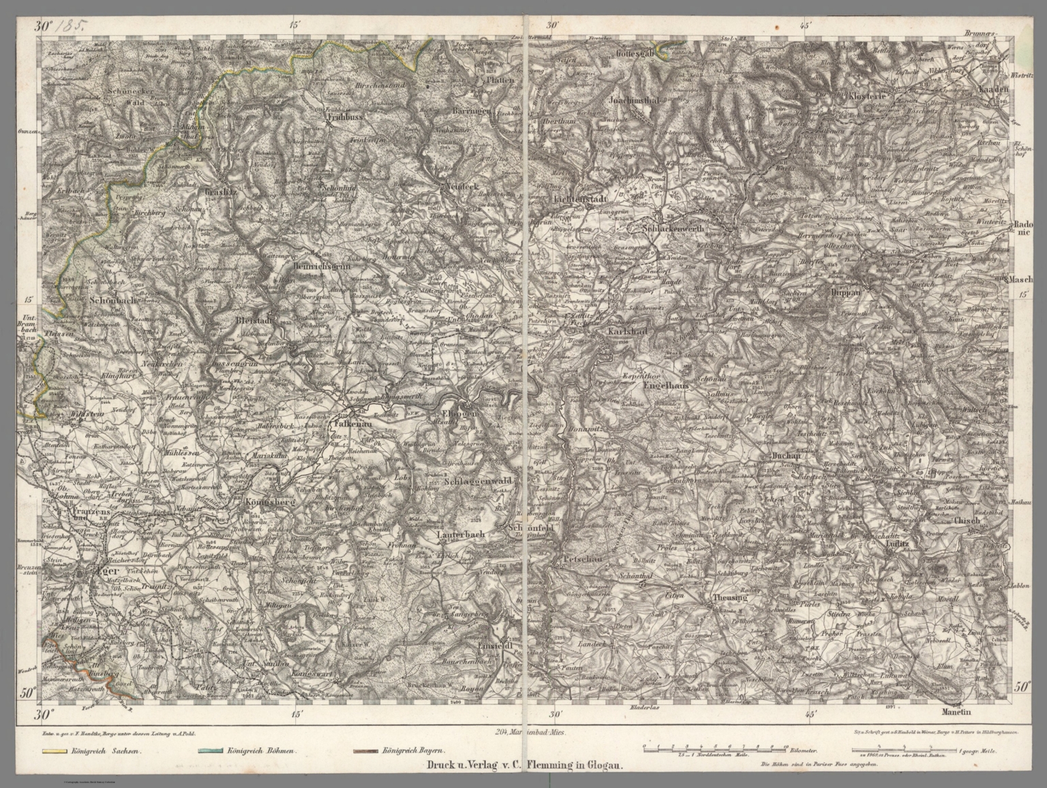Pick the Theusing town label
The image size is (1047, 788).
point(729,597)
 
